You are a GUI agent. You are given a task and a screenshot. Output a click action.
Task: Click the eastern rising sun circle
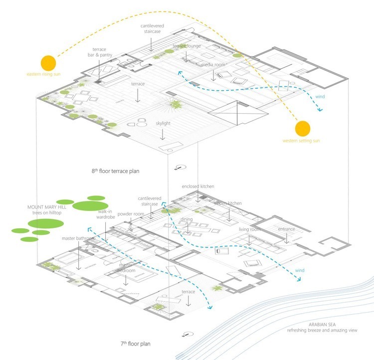(x=48, y=63)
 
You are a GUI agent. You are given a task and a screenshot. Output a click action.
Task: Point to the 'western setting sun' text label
(x=301, y=141)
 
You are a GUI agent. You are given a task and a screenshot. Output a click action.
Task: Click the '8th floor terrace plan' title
(x=115, y=171)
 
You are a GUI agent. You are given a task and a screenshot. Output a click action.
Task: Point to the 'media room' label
(x=214, y=65)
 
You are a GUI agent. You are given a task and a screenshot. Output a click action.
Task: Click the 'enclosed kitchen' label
(x=198, y=186)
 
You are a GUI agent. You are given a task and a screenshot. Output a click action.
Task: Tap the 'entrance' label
(x=287, y=229)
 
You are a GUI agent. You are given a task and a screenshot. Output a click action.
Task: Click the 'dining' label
(x=187, y=219)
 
